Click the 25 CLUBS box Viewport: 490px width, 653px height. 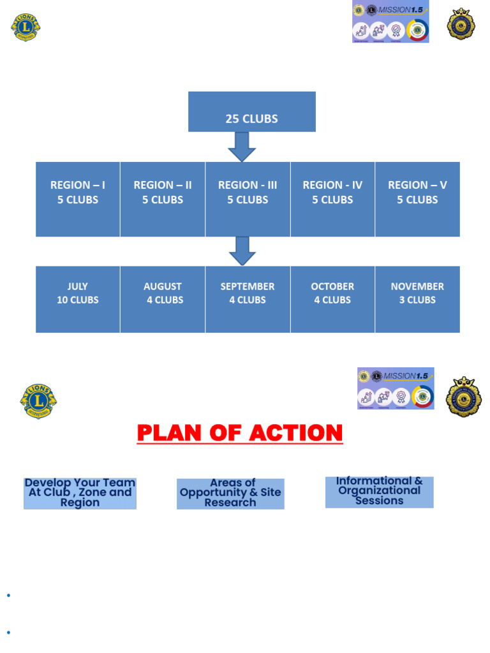click(251, 112)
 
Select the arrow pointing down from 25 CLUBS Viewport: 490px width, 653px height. click(242, 147)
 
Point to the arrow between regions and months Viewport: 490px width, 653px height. click(242, 251)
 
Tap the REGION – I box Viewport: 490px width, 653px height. click(78, 199)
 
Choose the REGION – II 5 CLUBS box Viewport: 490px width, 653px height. click(163, 199)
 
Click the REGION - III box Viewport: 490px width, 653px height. click(248, 199)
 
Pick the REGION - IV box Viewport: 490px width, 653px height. click(332, 199)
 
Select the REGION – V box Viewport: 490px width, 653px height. click(417, 199)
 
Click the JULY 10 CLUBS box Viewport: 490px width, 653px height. click(78, 299)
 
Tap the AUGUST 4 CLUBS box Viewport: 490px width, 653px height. click(163, 299)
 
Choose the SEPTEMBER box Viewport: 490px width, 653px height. click(248, 299)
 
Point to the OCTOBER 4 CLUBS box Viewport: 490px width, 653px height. click(332, 299)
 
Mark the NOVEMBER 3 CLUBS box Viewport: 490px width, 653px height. click(417, 299)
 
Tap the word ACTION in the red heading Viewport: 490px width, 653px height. click(296, 433)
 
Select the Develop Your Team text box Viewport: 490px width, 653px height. click(80, 493)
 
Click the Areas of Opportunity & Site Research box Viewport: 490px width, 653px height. click(230, 493)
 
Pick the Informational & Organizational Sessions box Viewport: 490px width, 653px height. click(379, 492)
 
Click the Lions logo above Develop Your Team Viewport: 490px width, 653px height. click(38, 401)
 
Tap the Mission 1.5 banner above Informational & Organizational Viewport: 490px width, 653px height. click(396, 388)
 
